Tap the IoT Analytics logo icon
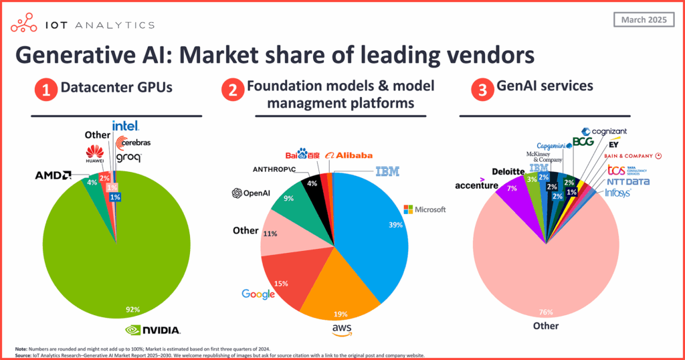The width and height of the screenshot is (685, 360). [25, 25]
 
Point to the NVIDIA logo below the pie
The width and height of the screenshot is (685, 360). [153, 330]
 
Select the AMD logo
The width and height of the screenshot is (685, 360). [54, 175]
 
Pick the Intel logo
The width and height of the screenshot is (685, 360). [125, 126]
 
